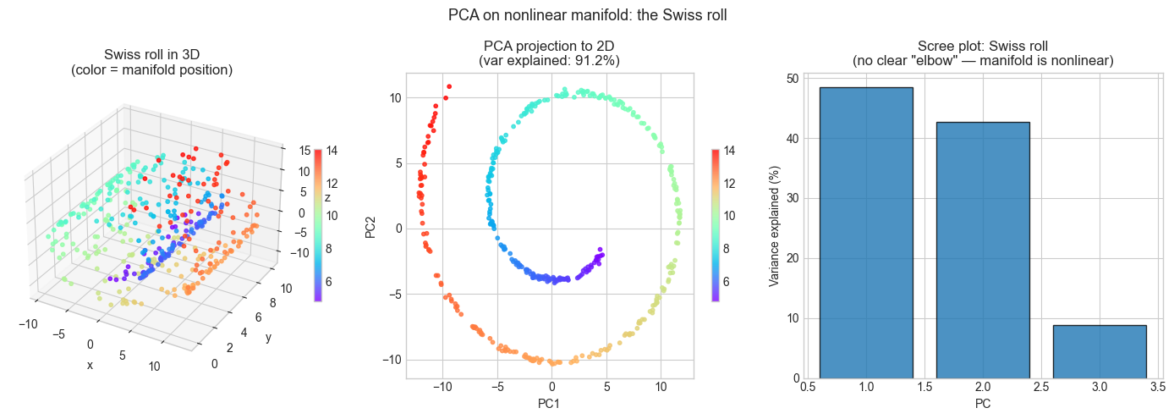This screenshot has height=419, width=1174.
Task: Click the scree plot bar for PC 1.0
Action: click(866, 233)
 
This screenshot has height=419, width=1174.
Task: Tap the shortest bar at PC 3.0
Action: click(1100, 351)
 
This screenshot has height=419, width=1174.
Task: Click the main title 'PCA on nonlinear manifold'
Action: click(587, 14)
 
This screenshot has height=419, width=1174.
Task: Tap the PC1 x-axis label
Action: click(550, 404)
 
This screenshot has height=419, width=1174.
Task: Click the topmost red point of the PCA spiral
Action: click(449, 85)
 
